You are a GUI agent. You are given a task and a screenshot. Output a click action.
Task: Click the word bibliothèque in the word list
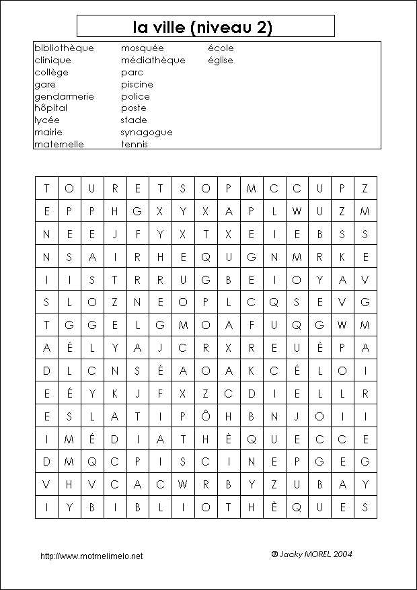(64, 48)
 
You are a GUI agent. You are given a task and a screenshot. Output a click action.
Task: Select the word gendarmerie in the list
(64, 96)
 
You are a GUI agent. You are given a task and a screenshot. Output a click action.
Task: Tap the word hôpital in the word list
(51, 108)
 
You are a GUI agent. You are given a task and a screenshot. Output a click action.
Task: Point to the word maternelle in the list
(59, 144)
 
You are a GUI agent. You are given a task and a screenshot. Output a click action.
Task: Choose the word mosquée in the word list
(142, 48)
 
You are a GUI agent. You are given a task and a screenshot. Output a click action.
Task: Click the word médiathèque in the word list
(153, 61)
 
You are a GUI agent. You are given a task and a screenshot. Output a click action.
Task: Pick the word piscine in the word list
(137, 85)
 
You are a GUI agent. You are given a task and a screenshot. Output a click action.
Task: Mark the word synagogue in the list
(147, 133)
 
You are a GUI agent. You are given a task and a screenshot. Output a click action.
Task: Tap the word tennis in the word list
(135, 144)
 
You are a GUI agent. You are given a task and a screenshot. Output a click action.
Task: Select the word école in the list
(221, 48)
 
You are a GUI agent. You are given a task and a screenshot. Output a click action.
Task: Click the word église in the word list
(221, 61)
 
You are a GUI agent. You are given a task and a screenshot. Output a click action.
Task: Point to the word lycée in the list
(47, 120)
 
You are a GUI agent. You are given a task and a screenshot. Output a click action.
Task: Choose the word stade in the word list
(134, 120)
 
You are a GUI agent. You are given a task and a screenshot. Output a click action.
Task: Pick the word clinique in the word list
(52, 61)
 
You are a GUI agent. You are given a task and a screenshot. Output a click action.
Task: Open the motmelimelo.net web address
(91, 556)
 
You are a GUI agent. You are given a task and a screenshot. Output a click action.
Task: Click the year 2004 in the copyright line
(341, 554)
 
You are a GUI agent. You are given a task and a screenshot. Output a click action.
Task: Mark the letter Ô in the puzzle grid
(206, 416)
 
